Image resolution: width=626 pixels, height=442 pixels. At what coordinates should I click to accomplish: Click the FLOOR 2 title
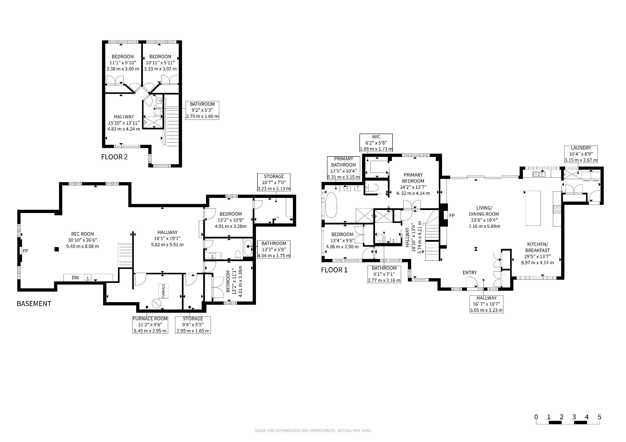click(x=114, y=157)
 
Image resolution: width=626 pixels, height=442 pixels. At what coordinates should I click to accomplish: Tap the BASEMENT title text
click(x=34, y=304)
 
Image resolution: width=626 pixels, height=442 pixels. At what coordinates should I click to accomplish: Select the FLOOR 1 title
click(x=334, y=270)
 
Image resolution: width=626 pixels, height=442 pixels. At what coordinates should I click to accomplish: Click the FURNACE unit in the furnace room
click(x=163, y=291)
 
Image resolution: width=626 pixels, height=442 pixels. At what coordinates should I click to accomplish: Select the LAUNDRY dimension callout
click(x=581, y=154)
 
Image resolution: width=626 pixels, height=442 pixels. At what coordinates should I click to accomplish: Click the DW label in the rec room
click(x=75, y=278)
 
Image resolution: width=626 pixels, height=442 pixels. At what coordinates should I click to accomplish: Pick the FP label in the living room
click(x=452, y=216)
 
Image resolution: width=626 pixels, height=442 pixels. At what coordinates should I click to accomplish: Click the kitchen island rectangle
click(x=533, y=208)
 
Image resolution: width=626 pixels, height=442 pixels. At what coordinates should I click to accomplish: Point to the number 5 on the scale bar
click(x=599, y=417)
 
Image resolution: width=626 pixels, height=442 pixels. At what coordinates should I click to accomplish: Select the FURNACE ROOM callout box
click(x=150, y=325)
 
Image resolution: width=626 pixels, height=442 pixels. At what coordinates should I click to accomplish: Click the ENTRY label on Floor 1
click(x=470, y=273)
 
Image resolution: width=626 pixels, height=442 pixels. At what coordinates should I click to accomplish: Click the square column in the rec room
click(x=56, y=249)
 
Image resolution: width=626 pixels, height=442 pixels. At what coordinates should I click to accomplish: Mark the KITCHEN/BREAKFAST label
click(x=537, y=247)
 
